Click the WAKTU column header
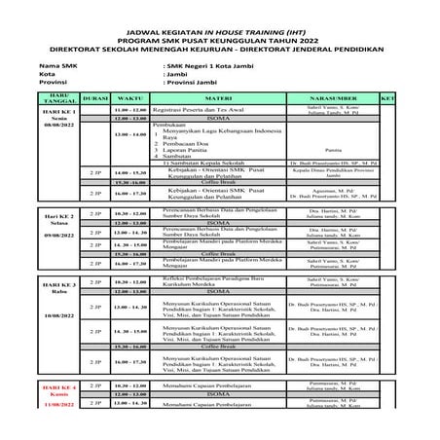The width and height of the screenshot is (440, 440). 130,98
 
